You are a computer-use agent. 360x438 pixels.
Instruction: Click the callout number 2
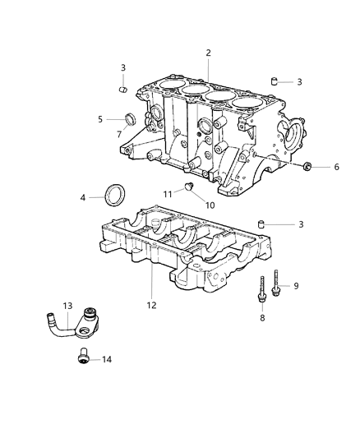209,53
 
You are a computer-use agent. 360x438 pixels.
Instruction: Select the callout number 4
83,197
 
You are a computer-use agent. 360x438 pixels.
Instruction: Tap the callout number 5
100,119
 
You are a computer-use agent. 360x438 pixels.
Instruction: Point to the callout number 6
335,168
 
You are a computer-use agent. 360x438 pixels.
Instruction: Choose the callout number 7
119,133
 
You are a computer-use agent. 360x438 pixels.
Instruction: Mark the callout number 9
297,285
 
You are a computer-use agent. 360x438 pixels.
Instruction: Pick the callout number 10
210,205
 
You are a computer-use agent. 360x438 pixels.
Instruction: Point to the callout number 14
104,359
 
